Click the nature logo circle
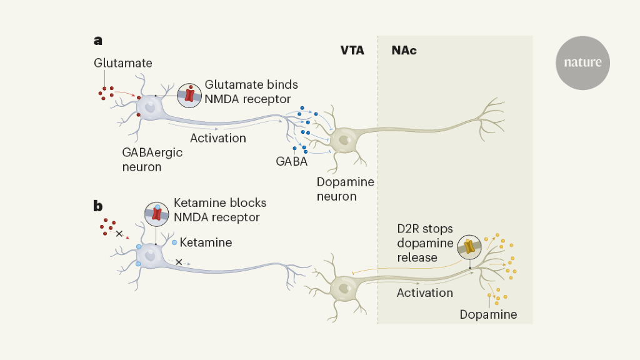coord(582,62)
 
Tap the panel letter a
coord(98,41)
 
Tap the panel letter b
coord(98,206)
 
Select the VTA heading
coord(352,51)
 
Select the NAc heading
coord(404,51)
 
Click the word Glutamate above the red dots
coord(123,63)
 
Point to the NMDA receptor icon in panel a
coord(189,96)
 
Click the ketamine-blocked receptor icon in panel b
coord(157,214)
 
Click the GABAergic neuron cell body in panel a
coord(149,107)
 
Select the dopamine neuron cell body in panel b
coord(344,287)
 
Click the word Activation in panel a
coord(218,138)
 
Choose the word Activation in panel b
coord(425,292)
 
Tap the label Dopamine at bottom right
coord(488,314)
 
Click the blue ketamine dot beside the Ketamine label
coord(174,242)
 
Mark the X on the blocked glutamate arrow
coord(119,234)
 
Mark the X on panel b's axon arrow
coord(179,262)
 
